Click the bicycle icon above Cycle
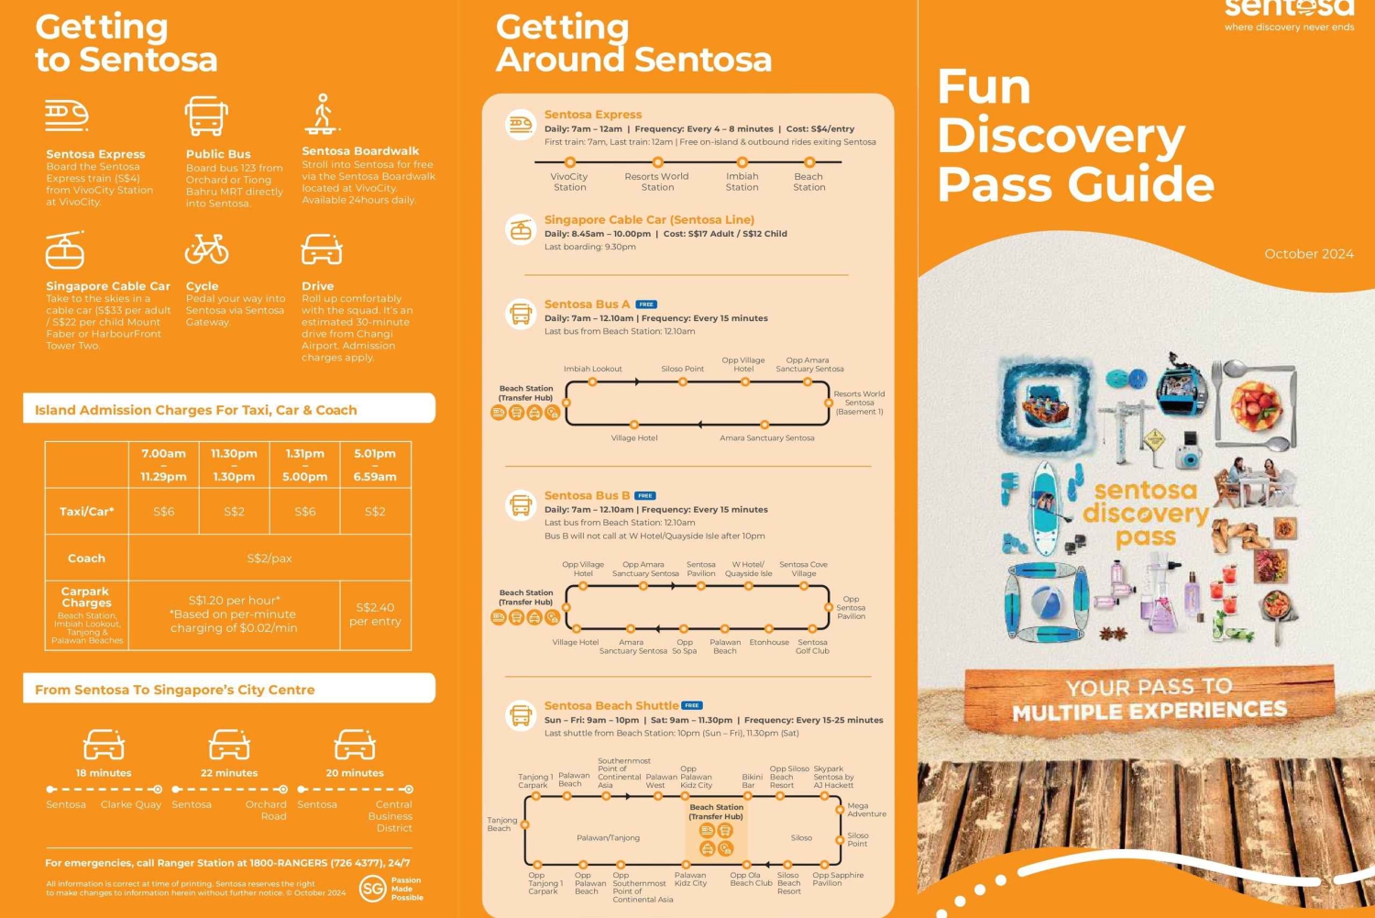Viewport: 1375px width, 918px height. (x=206, y=249)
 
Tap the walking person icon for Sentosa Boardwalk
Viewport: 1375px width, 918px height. (x=322, y=114)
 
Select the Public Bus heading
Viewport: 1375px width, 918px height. (x=218, y=154)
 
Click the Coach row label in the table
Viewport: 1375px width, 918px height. (x=86, y=558)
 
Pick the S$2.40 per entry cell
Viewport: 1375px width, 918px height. (x=375, y=614)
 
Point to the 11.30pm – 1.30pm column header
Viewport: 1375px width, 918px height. (x=234, y=465)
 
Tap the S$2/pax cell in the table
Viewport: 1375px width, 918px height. (x=269, y=558)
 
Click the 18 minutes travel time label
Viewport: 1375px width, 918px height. (x=104, y=773)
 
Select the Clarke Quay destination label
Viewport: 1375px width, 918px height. (x=131, y=804)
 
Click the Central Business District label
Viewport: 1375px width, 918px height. (x=390, y=816)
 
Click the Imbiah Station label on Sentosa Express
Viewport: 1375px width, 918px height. (x=742, y=182)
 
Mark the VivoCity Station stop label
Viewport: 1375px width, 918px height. (x=569, y=182)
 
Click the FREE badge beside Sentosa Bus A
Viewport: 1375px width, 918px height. (x=646, y=304)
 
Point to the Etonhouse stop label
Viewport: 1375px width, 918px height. (x=769, y=642)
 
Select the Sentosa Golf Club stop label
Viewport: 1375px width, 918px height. (x=812, y=647)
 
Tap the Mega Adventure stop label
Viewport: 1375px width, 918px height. (x=866, y=810)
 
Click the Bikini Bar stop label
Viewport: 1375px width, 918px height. (x=752, y=781)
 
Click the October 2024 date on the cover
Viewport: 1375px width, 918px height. (x=1308, y=254)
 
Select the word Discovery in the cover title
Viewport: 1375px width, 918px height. (x=1061, y=136)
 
